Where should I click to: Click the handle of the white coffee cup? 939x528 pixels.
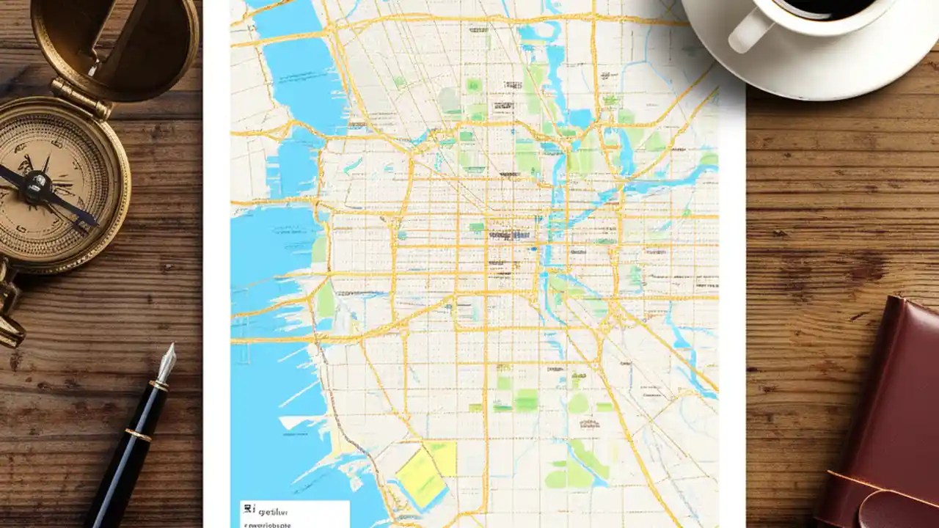(747, 33)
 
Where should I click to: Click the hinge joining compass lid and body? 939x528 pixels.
(81, 96)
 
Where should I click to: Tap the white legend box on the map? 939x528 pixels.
(293, 513)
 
